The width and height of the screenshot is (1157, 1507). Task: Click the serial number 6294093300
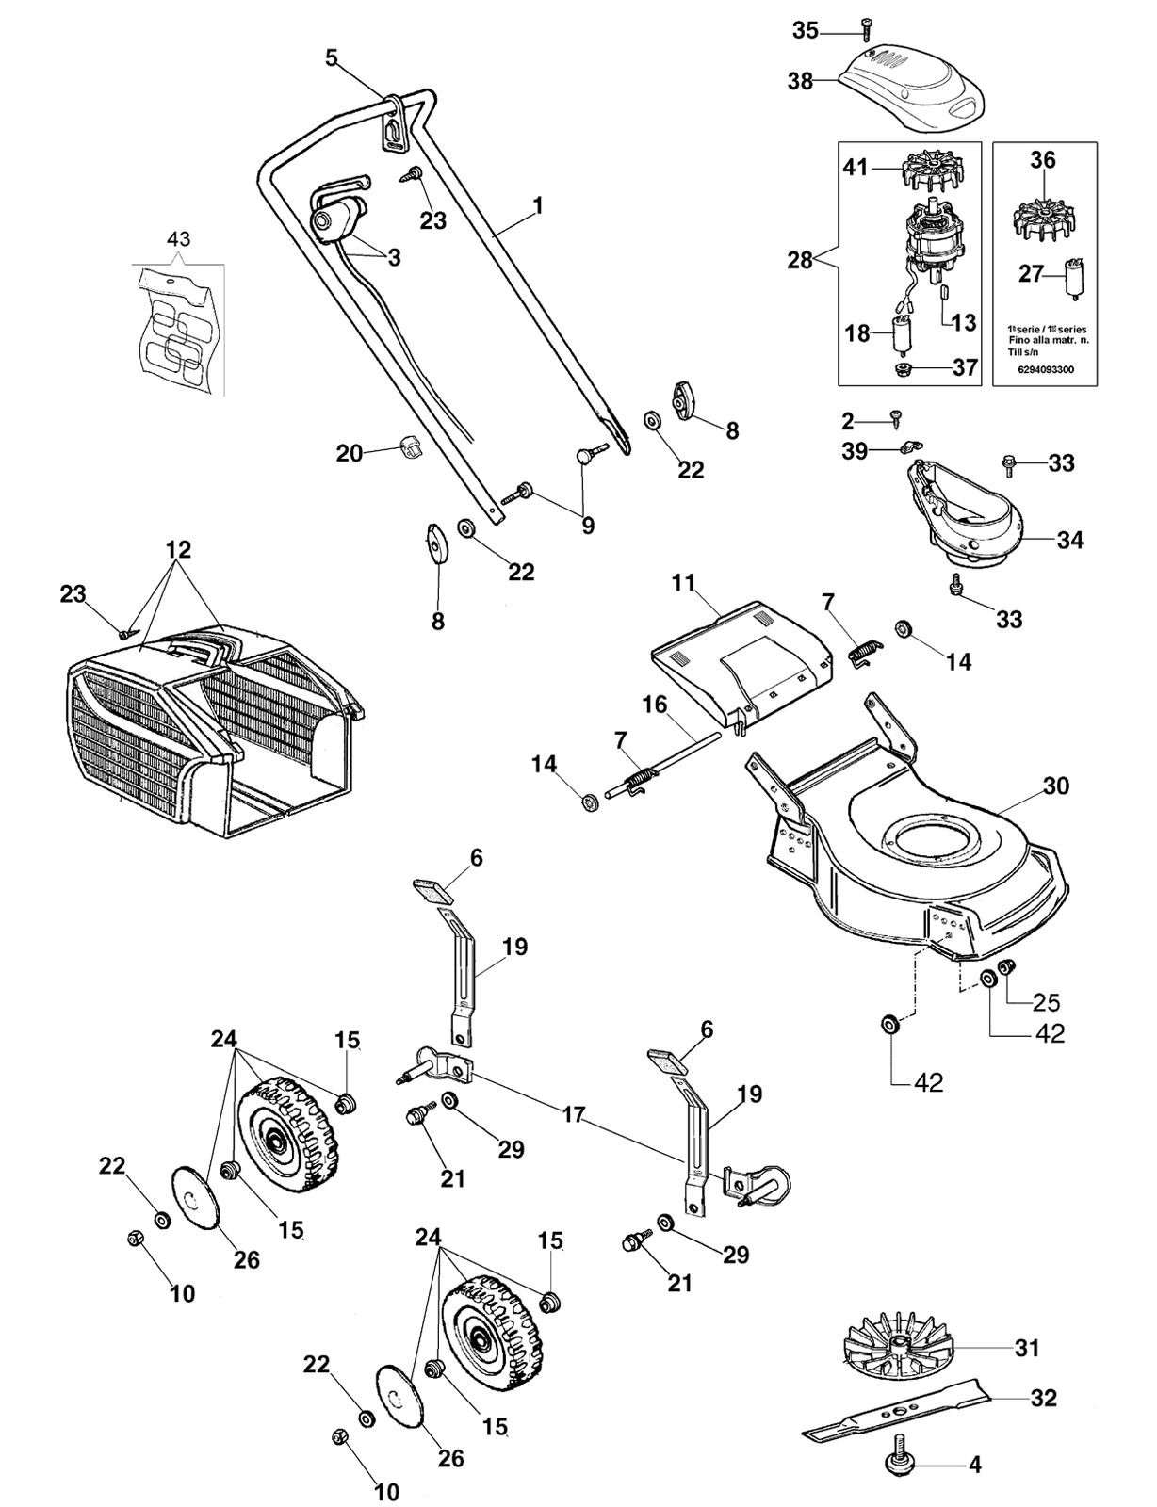tap(1045, 369)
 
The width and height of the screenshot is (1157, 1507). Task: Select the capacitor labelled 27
tap(1074, 279)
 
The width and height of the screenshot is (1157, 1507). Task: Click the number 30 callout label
tap(1056, 786)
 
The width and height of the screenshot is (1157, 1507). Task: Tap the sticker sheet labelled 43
tap(180, 328)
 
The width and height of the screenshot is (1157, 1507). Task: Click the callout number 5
tap(332, 57)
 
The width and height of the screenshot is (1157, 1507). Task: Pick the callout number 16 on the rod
tap(654, 705)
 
